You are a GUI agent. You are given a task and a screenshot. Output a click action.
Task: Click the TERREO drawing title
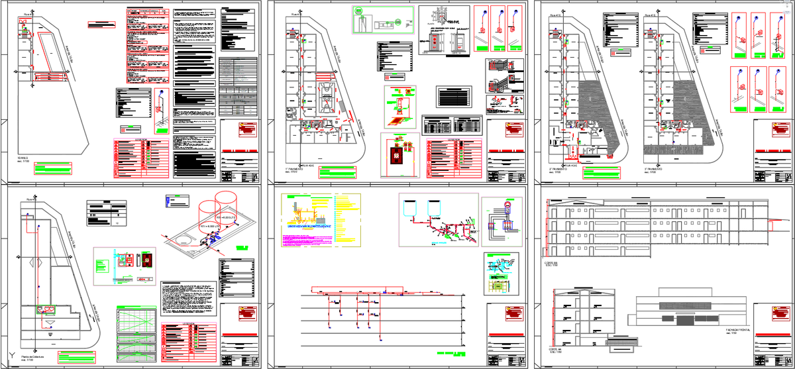pos(23,159)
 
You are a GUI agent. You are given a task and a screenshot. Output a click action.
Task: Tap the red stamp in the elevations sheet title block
pos(778,313)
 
